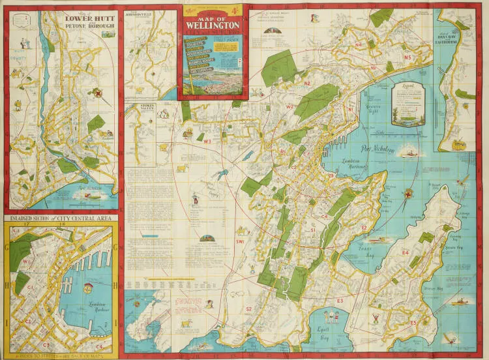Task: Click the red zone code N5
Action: pos(407,58)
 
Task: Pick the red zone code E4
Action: pos(405,252)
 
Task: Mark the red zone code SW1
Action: pos(241,242)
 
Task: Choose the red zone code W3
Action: pos(207,141)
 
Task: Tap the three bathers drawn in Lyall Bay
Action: pos(331,318)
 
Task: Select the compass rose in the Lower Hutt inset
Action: pos(98,93)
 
